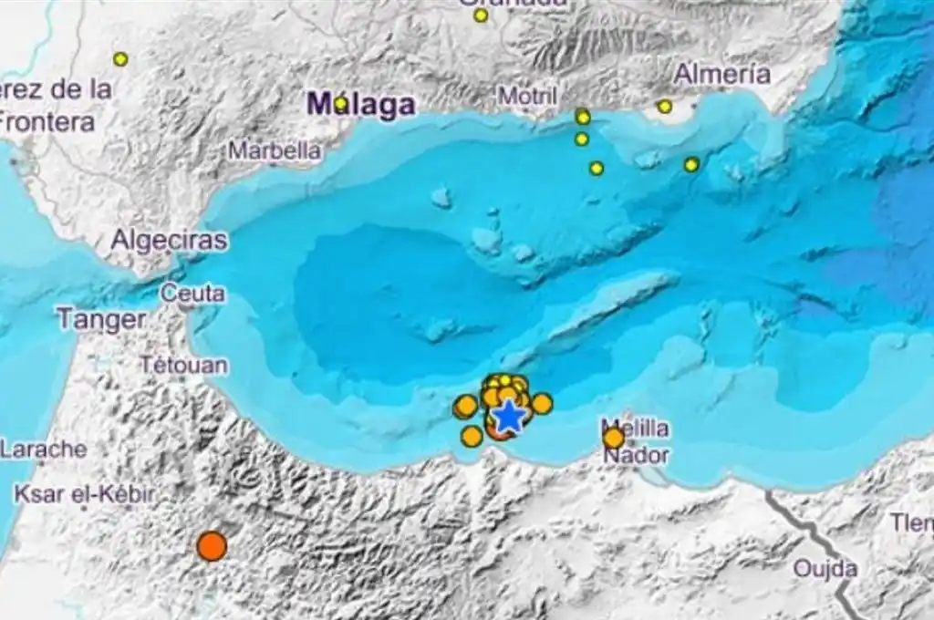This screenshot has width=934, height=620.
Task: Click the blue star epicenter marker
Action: point(508,418)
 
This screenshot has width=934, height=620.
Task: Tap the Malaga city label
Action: point(361,105)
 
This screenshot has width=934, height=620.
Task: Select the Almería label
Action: point(722,75)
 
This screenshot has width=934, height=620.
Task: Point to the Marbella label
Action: point(275,150)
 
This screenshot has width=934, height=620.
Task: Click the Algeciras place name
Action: point(169,241)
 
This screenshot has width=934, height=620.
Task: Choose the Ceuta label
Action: point(192,294)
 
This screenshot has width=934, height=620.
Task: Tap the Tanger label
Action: point(100,320)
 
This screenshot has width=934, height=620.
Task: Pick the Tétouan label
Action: point(184,365)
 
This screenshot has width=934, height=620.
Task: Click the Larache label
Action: point(44,449)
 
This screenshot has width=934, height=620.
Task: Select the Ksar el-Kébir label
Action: point(84,495)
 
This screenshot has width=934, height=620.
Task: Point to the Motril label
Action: point(527,95)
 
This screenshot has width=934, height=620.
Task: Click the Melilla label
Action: point(635,428)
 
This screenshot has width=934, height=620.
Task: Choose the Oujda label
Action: point(825,569)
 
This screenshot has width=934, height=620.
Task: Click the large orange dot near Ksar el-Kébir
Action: point(212,546)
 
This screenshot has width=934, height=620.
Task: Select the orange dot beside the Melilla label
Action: point(614,439)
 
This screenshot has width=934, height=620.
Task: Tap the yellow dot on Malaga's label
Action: point(341,104)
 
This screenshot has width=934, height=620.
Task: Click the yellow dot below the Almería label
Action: point(665,107)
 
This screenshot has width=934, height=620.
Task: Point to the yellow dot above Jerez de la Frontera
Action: point(120,59)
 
